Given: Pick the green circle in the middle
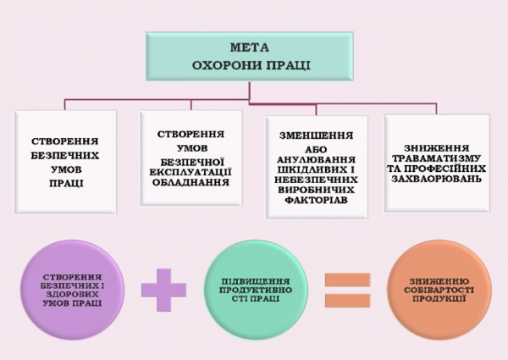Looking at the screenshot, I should tap(251, 287).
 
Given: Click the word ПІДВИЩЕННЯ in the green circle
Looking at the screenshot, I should tap(252, 279).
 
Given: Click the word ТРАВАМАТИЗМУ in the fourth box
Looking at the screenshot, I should tap(437, 158).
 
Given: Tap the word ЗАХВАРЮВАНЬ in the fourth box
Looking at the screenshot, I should tap(437, 180).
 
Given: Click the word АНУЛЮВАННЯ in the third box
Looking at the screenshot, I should tap(315, 158).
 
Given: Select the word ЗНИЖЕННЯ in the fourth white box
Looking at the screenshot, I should tap(437, 146).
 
